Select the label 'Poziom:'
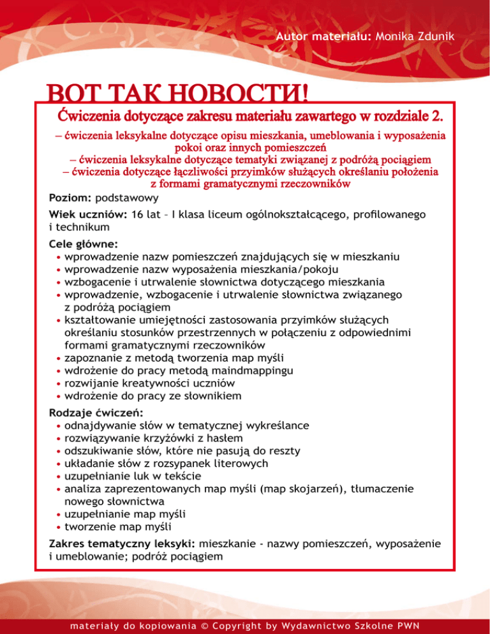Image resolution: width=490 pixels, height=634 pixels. [70, 198]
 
